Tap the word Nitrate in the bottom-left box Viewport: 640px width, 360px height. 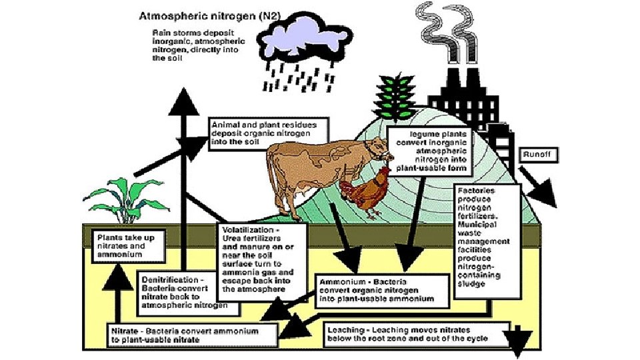(125, 331)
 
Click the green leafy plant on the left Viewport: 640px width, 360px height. (126, 197)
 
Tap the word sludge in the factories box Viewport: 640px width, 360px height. (473, 284)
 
